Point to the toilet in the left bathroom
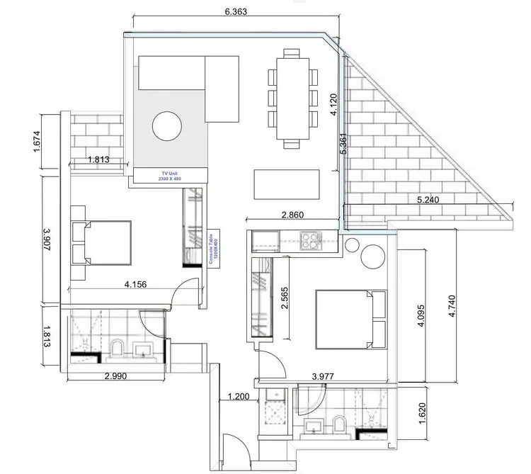[x=118, y=347]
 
